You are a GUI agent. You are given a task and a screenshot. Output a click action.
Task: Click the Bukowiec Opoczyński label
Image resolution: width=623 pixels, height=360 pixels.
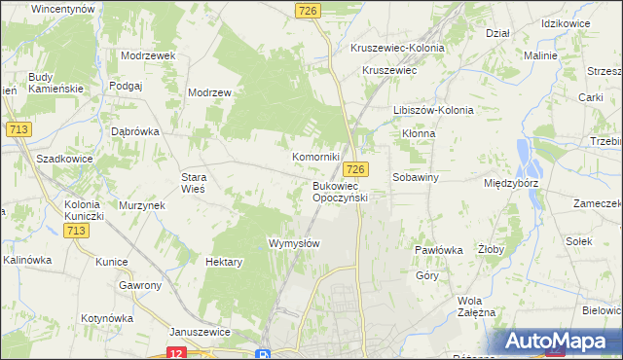(x=339, y=192)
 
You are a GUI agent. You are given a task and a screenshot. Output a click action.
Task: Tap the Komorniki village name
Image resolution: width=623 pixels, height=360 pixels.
(x=316, y=157)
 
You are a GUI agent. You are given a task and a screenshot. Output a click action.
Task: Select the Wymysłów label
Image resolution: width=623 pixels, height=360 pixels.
(x=294, y=242)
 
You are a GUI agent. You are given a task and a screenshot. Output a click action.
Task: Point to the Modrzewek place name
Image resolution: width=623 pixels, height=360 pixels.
(x=148, y=55)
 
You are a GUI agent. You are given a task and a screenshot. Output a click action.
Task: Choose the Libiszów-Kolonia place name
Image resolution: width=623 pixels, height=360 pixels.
(x=433, y=110)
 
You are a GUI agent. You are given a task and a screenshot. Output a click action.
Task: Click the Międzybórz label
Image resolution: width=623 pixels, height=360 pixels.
(x=511, y=183)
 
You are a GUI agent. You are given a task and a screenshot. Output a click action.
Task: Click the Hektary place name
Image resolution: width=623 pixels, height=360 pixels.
(x=225, y=262)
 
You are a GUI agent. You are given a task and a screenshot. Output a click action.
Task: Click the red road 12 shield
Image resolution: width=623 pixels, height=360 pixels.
(x=176, y=352)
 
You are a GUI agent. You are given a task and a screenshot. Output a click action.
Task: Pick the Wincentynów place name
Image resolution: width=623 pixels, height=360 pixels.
(x=62, y=8)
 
